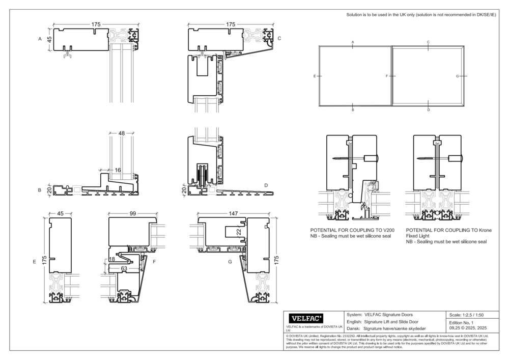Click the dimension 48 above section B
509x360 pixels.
point(121,133)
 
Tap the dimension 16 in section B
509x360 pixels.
point(118,170)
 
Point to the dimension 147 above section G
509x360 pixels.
point(232,214)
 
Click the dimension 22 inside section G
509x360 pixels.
point(238,232)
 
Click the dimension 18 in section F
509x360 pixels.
point(112,259)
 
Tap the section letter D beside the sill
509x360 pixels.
point(266,185)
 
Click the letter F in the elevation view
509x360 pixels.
point(387,76)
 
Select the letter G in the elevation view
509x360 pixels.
point(457,76)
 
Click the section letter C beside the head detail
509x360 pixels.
point(279,38)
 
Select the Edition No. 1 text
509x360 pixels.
point(462,323)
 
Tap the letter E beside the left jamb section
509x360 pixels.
point(35,262)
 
